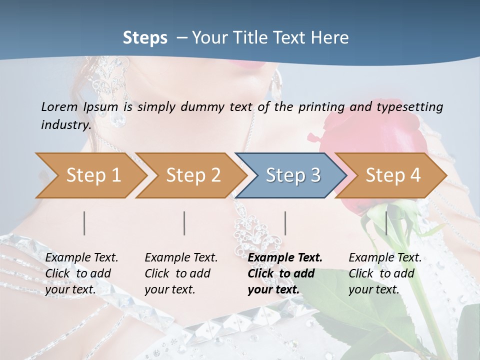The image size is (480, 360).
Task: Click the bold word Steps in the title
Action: [145, 37]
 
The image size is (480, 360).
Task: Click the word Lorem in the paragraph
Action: [59, 106]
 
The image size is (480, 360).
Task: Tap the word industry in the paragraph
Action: [65, 124]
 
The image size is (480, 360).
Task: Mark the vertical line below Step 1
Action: [84, 223]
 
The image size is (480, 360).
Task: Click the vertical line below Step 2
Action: [184, 223]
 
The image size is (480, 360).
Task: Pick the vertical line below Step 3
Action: [285, 223]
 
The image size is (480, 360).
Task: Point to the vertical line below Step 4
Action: [386, 223]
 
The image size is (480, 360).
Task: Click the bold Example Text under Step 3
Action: [285, 257]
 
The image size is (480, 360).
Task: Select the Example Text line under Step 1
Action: [81, 257]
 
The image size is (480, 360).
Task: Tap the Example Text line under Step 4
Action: [385, 257]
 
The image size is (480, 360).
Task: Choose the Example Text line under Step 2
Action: [181, 257]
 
